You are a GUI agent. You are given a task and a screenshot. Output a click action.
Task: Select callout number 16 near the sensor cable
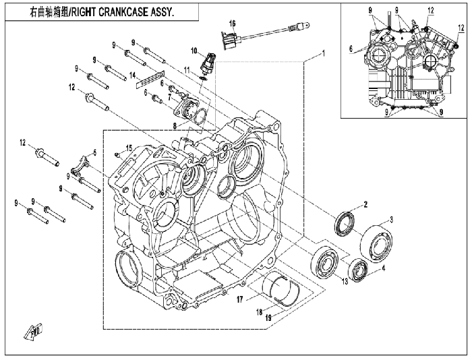point(232,23)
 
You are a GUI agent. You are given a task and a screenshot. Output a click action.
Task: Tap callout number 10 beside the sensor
point(194,51)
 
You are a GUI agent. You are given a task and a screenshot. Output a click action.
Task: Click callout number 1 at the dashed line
point(323,53)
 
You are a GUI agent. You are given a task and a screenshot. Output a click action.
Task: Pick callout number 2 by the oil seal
point(365,205)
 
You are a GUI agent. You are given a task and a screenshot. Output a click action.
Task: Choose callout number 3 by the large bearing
point(391,220)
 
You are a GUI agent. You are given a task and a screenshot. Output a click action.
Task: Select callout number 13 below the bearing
point(345,281)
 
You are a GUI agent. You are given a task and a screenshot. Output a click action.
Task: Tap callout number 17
point(239,300)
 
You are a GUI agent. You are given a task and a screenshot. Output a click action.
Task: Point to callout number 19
point(268,318)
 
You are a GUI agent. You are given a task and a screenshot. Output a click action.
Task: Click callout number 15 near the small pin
point(129,148)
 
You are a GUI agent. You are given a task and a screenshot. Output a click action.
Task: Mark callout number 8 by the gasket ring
point(175,127)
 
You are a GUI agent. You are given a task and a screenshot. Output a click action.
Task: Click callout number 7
point(169,97)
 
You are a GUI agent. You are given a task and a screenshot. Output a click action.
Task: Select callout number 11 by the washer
point(187,70)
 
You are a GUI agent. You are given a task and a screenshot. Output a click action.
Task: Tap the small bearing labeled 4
point(359,270)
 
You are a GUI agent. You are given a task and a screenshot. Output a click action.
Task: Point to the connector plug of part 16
point(230,40)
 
